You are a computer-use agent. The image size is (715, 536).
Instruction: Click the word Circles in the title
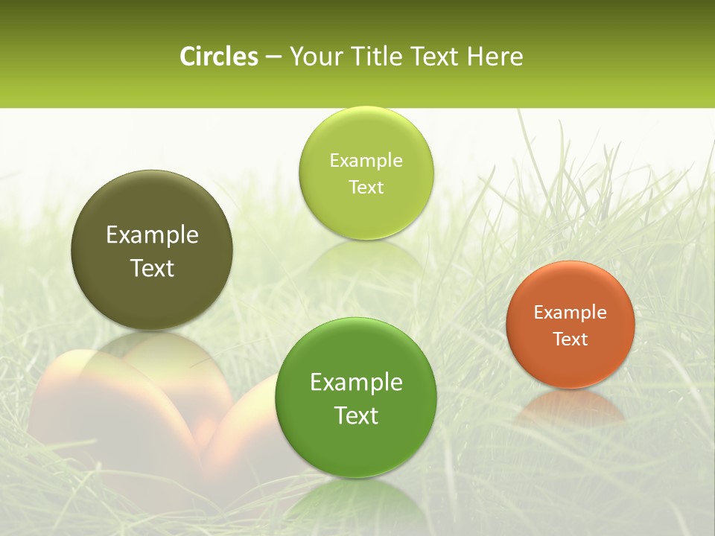point(218,57)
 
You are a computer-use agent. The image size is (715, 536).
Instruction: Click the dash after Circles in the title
point(273,58)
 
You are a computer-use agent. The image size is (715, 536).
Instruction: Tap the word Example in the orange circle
point(571,313)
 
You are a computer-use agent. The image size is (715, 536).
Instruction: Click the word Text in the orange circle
point(571,339)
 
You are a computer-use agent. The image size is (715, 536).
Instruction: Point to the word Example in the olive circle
point(152,236)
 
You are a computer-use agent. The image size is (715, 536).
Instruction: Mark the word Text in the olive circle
point(152,269)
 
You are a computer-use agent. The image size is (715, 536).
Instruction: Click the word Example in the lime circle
point(366,161)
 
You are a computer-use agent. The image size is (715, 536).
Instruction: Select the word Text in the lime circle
point(366,188)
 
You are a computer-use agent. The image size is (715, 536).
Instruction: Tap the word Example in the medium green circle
point(356,383)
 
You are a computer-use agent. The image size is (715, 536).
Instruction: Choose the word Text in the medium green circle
point(356,415)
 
